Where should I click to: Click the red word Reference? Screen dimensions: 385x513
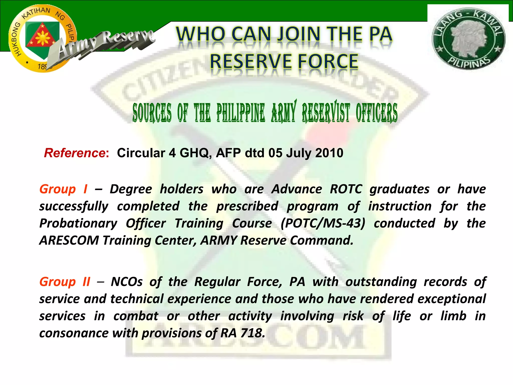coord(75,153)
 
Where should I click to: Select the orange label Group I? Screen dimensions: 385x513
coord(63,189)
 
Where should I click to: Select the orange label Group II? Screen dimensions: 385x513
coord(65,282)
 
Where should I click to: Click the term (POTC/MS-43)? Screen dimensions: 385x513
coord(323,223)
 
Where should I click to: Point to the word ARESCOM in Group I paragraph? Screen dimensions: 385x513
coord(69,240)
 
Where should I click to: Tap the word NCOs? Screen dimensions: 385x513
coord(127,282)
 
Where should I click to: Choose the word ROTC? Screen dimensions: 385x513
coord(346,189)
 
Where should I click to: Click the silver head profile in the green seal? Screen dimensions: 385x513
coord(468,38)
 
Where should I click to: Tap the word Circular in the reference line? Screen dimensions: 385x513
coord(141,153)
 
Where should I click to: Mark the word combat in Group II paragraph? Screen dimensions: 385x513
coord(136,316)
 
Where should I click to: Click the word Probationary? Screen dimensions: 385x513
coord(78,223)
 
